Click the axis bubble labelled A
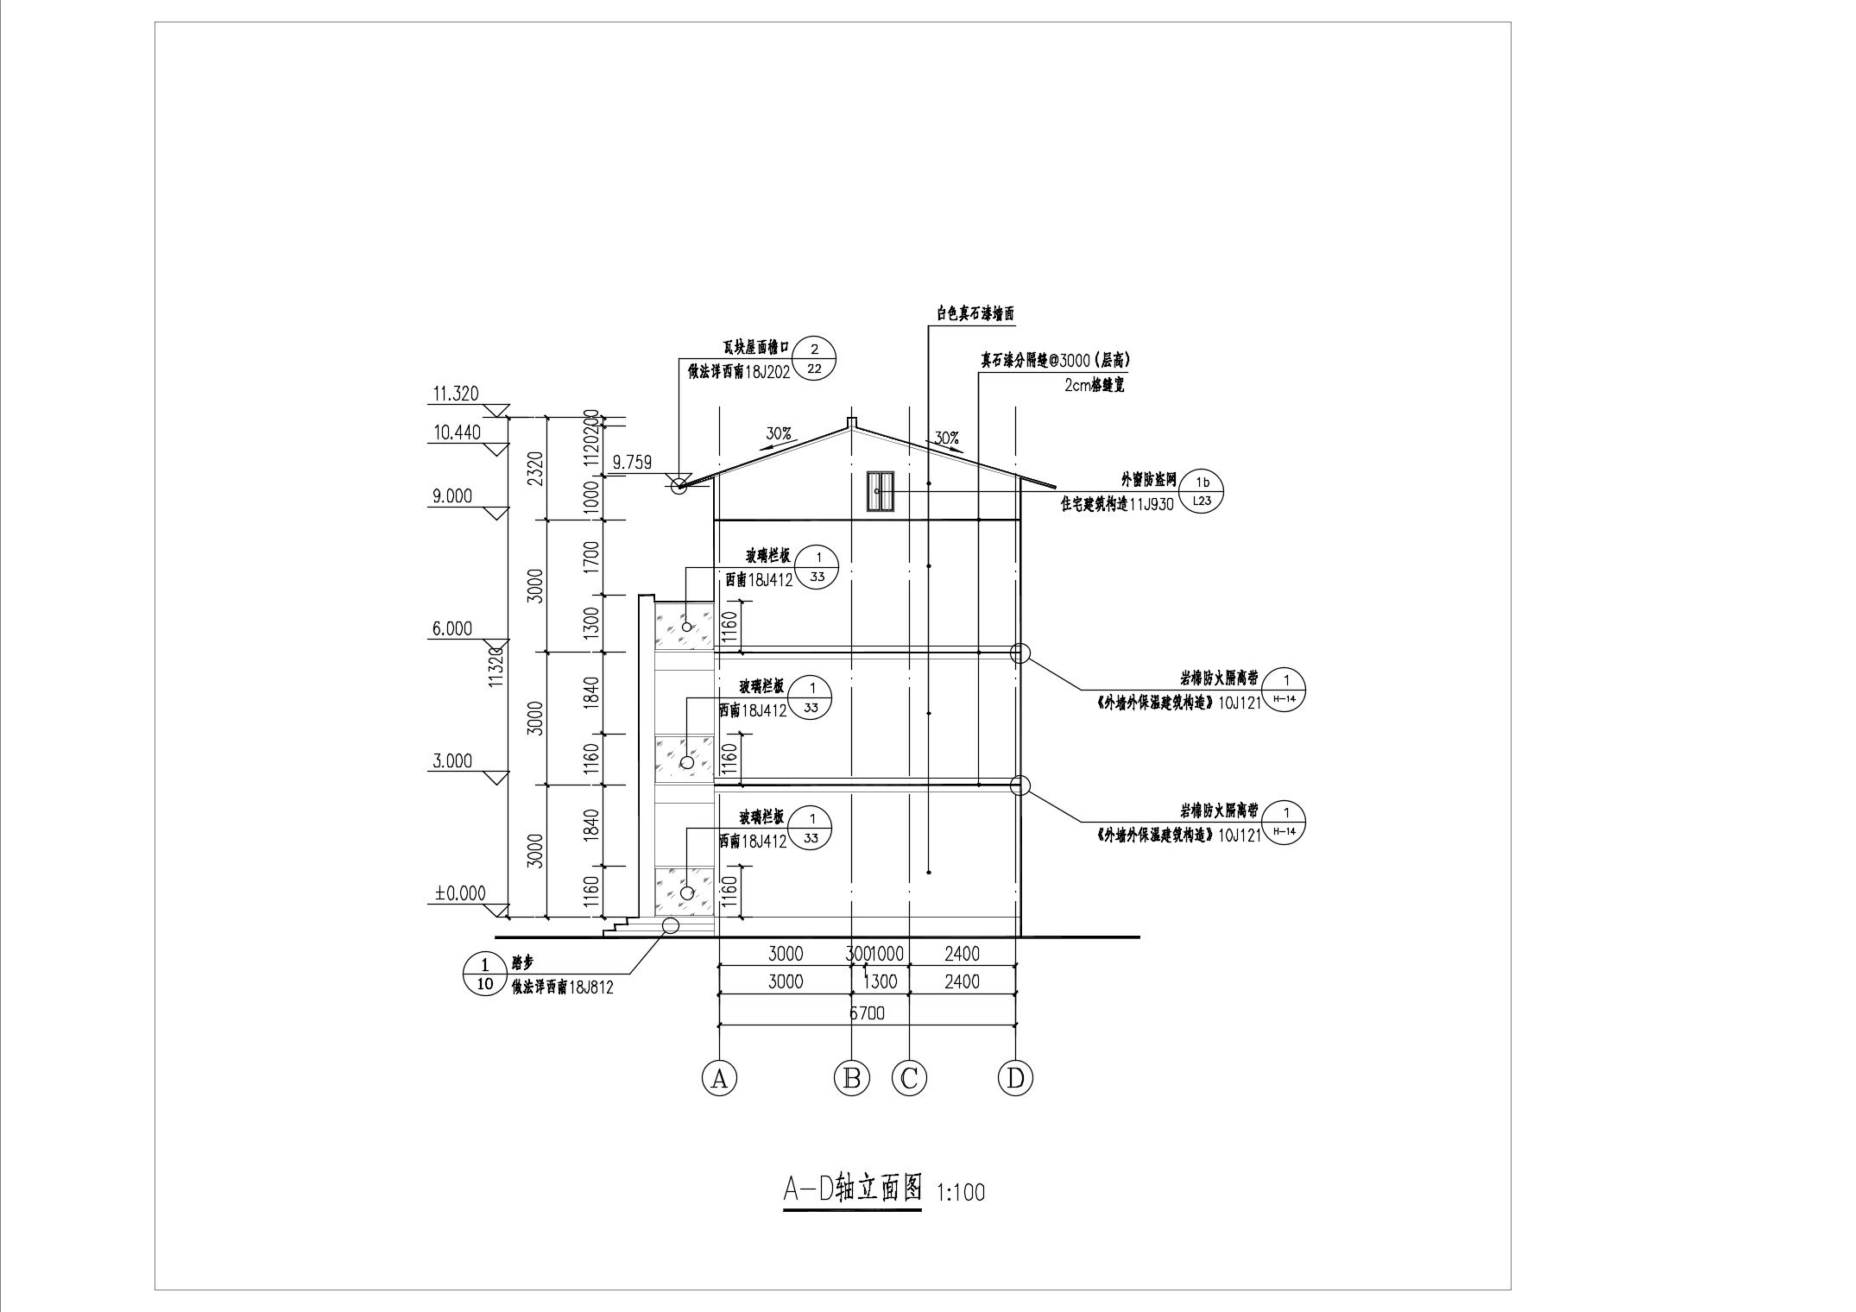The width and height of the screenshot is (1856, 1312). [719, 1078]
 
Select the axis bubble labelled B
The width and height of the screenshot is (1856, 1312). [851, 1078]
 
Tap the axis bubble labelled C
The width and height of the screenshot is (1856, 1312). [909, 1078]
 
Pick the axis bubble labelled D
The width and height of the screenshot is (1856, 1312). [1015, 1078]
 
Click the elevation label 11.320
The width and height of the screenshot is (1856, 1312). [455, 394]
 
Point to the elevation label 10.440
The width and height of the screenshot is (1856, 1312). [457, 432]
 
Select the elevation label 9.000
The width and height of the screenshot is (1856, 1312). [452, 496]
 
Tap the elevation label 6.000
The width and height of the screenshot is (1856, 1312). [452, 629]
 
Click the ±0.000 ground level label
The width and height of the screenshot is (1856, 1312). [460, 893]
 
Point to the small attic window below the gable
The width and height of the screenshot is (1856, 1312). [880, 491]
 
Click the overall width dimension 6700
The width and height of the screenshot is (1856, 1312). [867, 1013]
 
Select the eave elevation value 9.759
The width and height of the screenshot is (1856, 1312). [632, 463]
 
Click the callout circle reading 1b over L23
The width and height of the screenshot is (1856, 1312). [1201, 491]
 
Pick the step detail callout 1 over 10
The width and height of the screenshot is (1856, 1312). [484, 974]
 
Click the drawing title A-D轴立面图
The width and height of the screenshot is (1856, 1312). [852, 1189]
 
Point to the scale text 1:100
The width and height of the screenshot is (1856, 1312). [960, 1193]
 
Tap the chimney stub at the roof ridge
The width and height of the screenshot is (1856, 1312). [851, 423]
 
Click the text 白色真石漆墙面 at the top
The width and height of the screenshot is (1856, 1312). [971, 314]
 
